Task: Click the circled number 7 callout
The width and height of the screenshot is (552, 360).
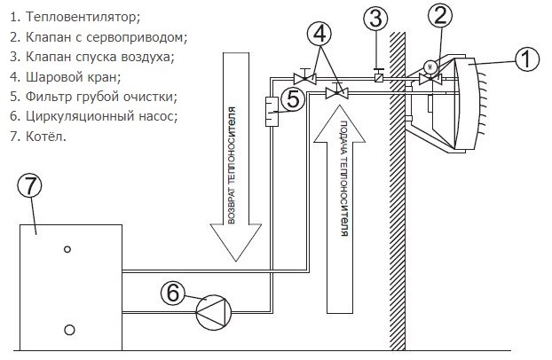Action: click(29, 186)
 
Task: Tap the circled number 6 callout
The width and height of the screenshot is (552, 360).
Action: click(172, 293)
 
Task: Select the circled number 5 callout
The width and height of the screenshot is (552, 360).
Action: click(293, 99)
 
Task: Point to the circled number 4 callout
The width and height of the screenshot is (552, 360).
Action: click(319, 34)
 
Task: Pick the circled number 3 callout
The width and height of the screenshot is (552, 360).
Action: click(375, 19)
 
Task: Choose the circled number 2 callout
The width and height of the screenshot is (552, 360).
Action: click(440, 15)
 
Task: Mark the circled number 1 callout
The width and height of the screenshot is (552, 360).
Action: click(527, 59)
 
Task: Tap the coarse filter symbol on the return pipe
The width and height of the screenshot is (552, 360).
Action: click(272, 111)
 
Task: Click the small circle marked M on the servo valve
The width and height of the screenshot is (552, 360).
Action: click(430, 67)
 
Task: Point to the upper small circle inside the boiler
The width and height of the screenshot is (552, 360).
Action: click(67, 249)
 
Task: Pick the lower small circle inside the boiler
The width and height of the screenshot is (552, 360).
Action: click(69, 330)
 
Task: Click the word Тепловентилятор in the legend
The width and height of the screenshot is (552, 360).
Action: click(83, 17)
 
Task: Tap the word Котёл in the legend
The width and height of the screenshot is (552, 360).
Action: click(46, 137)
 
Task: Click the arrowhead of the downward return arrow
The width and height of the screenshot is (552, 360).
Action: click(236, 242)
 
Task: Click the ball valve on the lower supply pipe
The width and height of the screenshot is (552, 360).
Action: click(337, 93)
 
